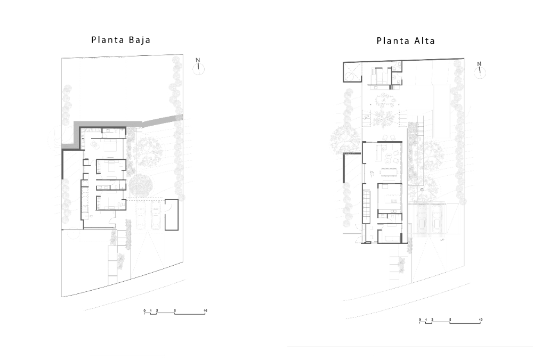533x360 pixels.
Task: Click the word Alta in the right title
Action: (422, 40)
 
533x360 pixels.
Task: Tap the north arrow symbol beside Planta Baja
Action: (198, 67)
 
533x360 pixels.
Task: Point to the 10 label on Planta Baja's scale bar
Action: (205, 309)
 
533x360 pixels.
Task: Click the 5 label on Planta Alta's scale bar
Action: (450, 320)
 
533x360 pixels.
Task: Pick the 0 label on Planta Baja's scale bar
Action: (144, 309)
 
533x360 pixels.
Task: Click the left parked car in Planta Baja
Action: (141, 216)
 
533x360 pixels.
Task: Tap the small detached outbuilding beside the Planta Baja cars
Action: (171, 215)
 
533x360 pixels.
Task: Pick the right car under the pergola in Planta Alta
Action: (437, 221)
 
